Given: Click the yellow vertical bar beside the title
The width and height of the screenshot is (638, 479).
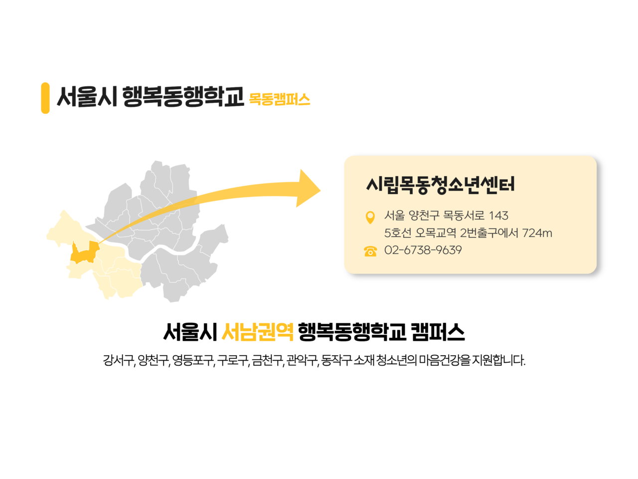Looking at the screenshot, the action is (45, 98).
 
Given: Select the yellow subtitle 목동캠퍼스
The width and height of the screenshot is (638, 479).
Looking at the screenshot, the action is (279, 99).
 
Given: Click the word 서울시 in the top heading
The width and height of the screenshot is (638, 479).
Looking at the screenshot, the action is (87, 97).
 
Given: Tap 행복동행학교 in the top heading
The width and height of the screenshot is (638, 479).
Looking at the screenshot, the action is (183, 97).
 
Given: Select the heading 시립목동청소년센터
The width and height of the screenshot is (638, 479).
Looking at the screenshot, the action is (440, 185).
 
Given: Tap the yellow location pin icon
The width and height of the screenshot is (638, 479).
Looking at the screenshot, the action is (370, 217).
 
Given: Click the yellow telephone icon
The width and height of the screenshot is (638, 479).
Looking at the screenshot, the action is (370, 251).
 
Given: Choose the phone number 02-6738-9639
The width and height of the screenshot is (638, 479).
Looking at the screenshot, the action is (423, 250).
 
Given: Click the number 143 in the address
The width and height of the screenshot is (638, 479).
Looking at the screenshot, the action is (498, 216).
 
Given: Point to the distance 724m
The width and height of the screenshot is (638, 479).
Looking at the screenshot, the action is (537, 233).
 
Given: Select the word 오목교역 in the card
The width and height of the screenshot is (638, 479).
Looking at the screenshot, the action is (436, 233).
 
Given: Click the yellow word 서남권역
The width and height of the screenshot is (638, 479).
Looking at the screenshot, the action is (258, 332).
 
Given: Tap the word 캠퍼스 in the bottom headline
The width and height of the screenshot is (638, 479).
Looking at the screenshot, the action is (438, 332).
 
